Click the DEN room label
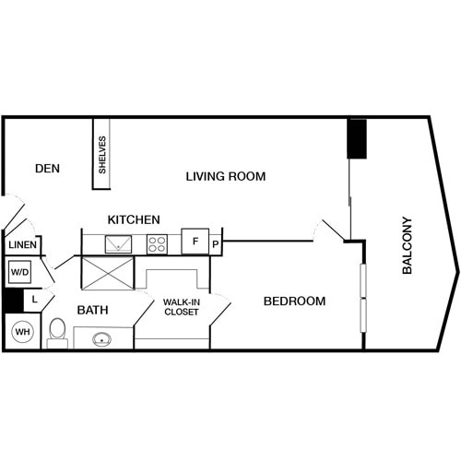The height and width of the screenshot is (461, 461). (x=47, y=169)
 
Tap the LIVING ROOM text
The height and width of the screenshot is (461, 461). (x=226, y=176)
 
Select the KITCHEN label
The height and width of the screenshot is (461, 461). (x=134, y=220)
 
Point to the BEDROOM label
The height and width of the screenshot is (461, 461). (x=294, y=301)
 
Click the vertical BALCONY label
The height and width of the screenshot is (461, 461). (x=408, y=245)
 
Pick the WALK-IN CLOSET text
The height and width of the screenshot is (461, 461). (x=182, y=307)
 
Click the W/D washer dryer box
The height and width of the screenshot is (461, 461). (x=20, y=273)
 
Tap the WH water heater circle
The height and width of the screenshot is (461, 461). (x=22, y=331)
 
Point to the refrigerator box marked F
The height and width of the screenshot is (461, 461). (x=195, y=242)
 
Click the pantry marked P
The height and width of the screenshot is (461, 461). (x=215, y=244)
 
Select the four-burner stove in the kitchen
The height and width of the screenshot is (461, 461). (x=157, y=244)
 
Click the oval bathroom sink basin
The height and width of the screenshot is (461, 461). (x=102, y=339)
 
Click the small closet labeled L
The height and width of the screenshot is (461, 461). (x=34, y=300)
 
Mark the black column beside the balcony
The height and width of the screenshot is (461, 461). (x=357, y=138)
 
